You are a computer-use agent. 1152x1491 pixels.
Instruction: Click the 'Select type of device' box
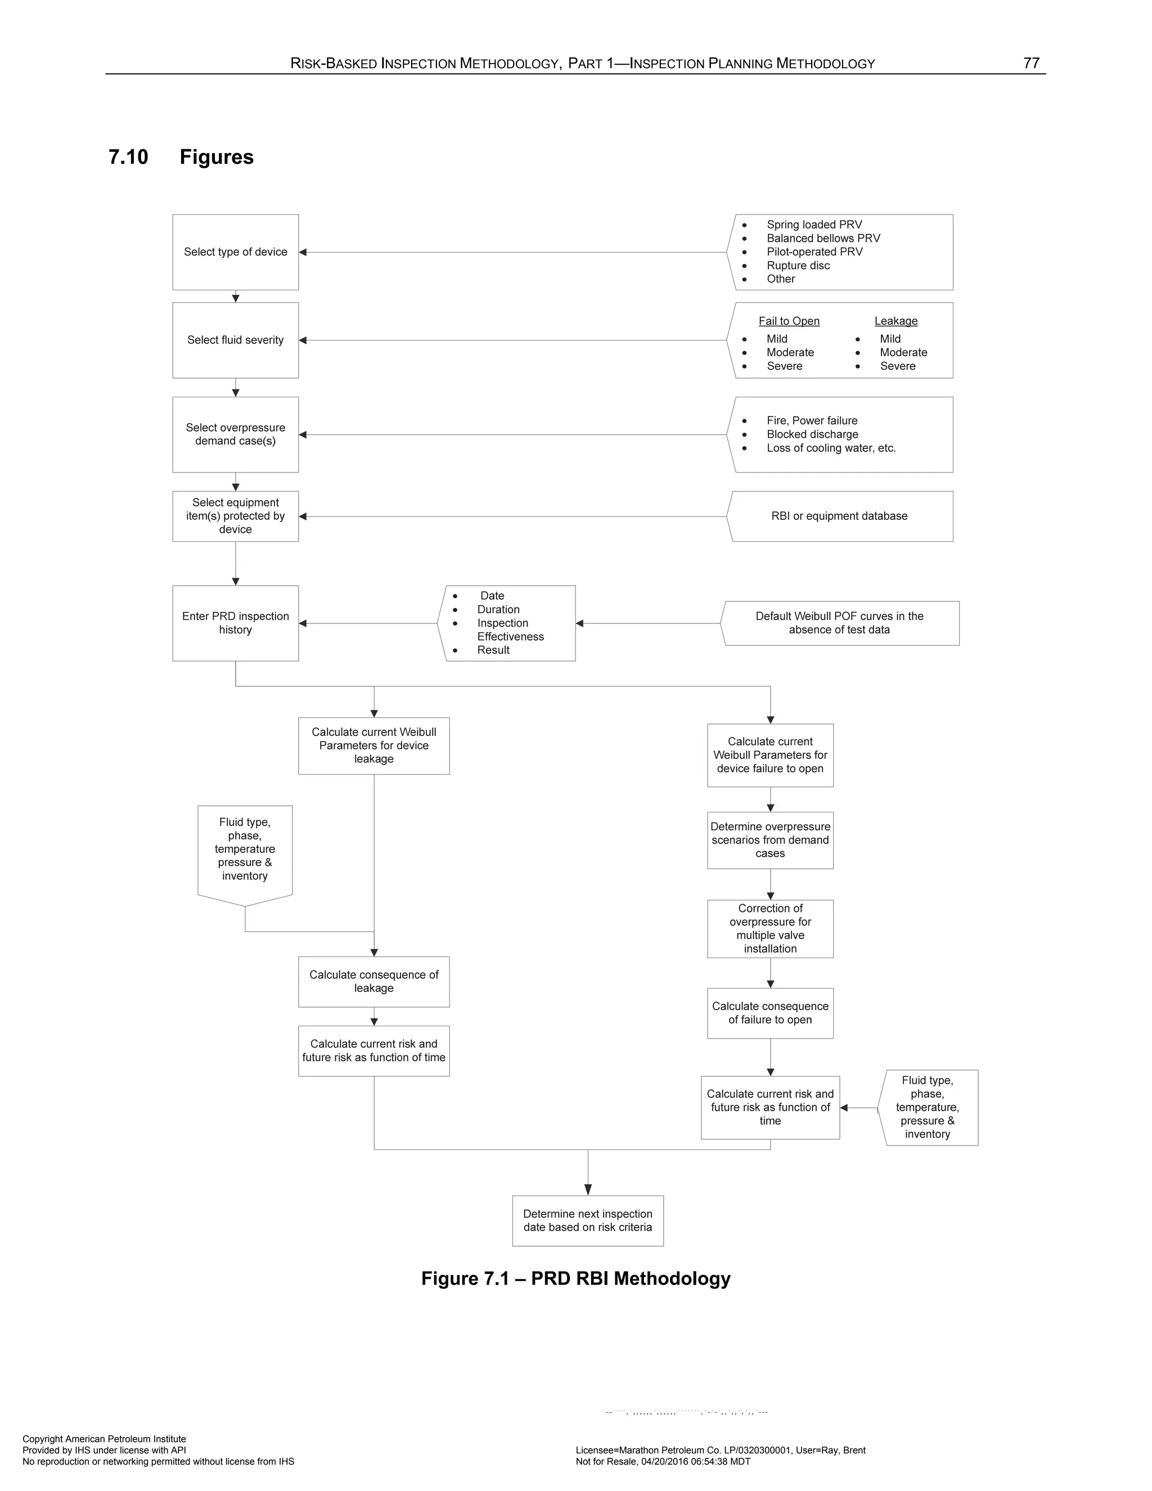point(236,252)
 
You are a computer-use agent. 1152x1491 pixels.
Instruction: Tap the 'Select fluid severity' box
point(236,340)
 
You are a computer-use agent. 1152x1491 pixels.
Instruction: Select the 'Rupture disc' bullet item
point(798,266)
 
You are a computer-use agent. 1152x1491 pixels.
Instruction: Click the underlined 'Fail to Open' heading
point(789,321)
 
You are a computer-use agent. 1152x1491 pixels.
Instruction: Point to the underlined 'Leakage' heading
point(895,321)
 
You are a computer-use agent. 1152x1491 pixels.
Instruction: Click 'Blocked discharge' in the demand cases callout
point(812,434)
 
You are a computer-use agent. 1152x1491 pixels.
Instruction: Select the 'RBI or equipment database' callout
point(839,516)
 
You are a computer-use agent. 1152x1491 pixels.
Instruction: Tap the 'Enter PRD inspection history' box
point(236,623)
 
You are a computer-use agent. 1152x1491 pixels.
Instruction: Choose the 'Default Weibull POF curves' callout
point(839,623)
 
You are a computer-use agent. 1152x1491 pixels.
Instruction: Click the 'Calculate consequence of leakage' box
point(373,981)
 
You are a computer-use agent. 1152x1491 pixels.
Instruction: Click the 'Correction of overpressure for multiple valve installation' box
point(770,928)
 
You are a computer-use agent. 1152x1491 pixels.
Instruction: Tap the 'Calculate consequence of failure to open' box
point(770,1013)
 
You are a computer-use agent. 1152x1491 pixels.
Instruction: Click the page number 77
point(1031,63)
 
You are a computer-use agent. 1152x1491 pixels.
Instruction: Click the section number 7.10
point(128,157)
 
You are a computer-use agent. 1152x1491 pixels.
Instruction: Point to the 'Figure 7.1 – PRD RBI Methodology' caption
point(575,1279)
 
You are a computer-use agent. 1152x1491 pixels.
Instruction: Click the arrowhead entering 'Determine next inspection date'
point(588,1190)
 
